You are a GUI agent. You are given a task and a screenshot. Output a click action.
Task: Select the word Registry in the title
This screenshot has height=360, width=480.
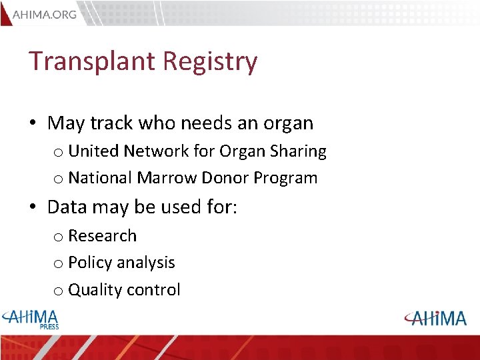[x=210, y=61]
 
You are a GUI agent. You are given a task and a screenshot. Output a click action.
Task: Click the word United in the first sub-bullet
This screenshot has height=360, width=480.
[x=95, y=151]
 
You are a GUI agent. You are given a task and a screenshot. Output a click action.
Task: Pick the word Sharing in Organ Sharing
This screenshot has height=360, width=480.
[x=299, y=152]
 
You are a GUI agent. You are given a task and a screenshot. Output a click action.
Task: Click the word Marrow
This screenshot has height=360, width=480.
[x=167, y=178]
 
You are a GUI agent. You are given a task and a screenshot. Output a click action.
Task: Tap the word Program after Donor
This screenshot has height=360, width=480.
[x=285, y=179]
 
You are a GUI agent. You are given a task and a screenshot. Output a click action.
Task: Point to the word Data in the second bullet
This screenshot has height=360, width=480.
[x=67, y=207]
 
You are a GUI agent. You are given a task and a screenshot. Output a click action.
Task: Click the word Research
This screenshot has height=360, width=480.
[x=102, y=236]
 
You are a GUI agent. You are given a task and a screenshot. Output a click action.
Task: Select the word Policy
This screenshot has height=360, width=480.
[x=90, y=263]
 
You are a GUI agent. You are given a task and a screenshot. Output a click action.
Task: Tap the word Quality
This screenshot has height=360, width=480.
[x=94, y=290]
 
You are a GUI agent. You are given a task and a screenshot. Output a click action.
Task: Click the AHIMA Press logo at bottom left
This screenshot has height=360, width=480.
[x=31, y=319]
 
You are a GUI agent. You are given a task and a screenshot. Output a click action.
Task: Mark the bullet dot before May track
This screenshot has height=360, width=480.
[x=33, y=124]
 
